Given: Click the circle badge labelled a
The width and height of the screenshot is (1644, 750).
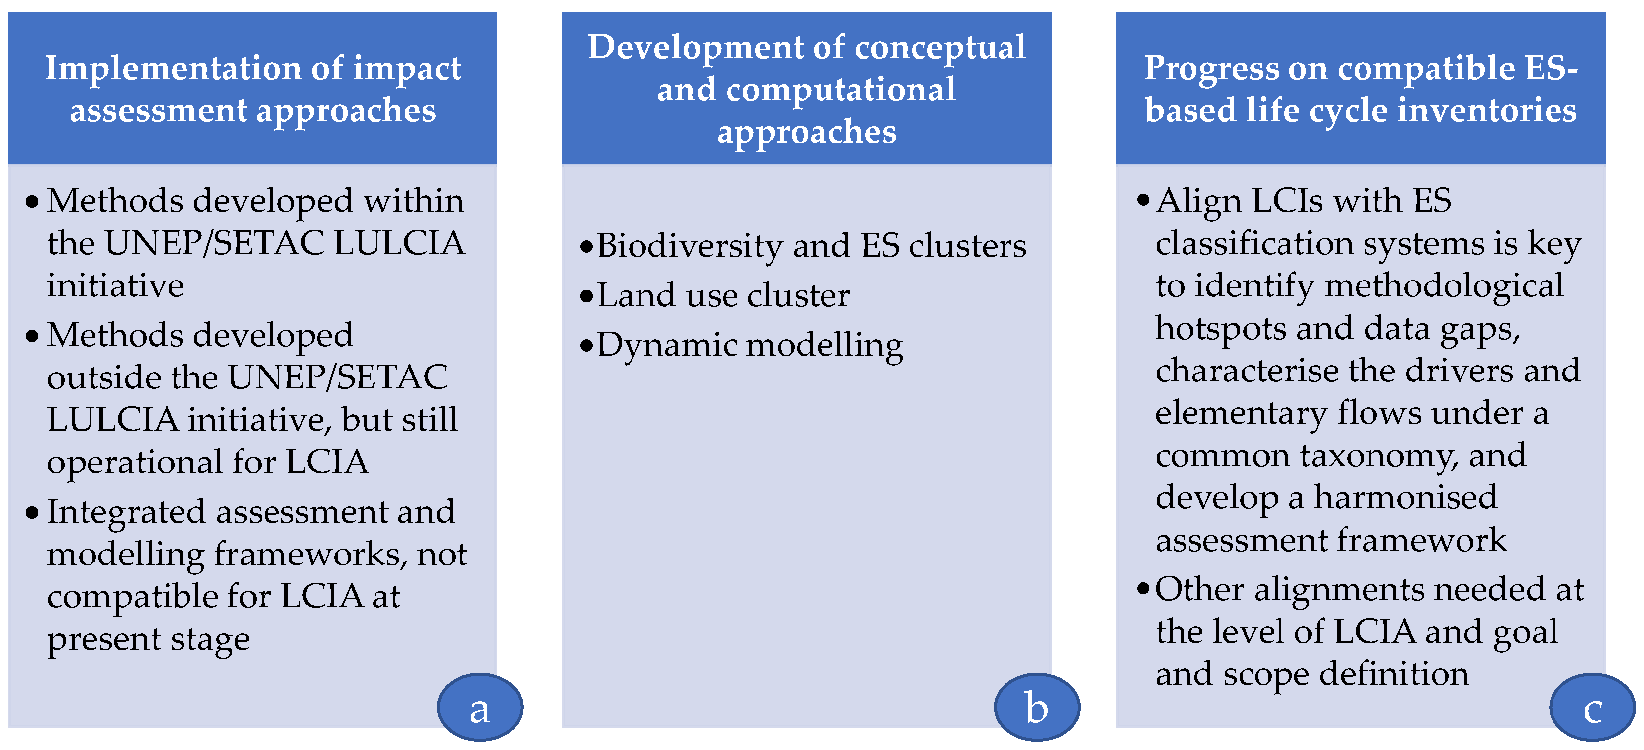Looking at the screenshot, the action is pos(479,707).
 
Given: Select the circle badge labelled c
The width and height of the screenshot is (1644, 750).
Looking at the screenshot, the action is pos(1592,707).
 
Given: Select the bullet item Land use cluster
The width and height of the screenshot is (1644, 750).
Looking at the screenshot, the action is pos(723,295).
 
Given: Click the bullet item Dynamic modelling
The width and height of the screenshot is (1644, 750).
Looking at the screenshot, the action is pos(749,345).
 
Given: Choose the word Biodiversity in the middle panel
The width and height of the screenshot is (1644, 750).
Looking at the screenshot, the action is pos(689,246).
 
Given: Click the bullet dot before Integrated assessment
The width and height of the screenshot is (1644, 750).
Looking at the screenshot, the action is pos(32,513).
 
